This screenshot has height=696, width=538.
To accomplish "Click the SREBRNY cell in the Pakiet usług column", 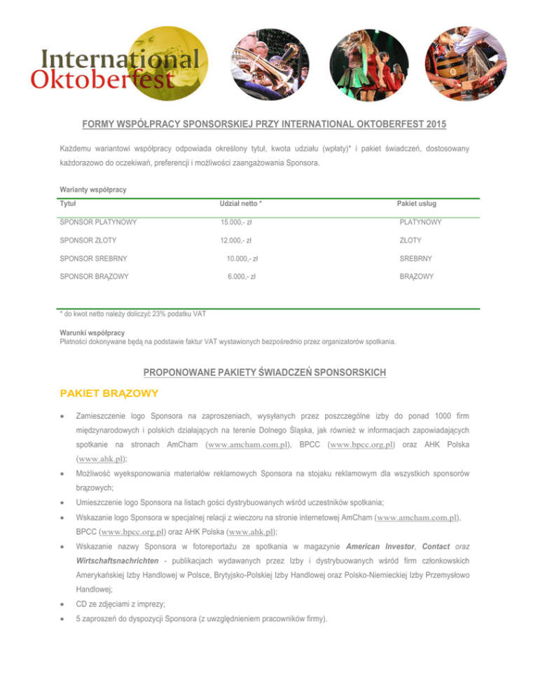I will pos(415,258).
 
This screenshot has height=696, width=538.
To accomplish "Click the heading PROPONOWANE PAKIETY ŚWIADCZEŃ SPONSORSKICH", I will pos(268,372).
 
